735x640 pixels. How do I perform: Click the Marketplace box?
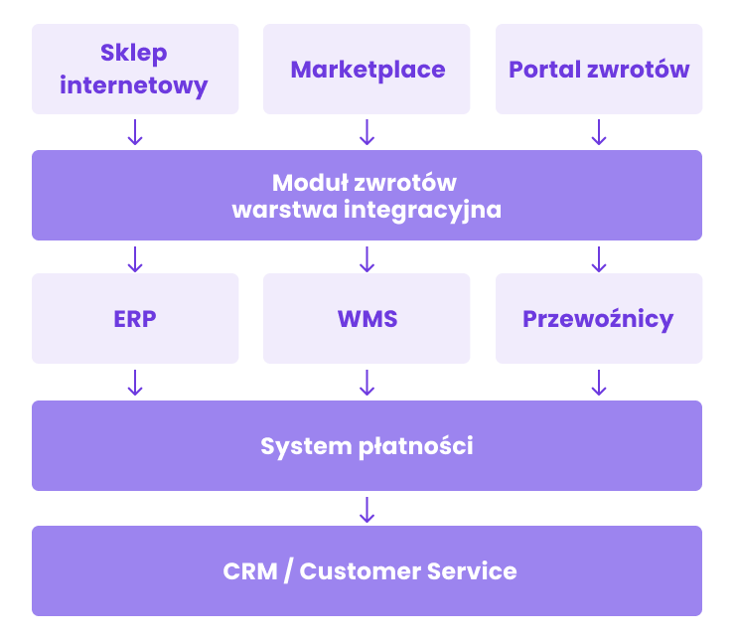click(367, 69)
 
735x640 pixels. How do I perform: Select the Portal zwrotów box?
click(599, 69)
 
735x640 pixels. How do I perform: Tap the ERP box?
click(135, 318)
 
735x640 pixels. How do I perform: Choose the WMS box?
click(367, 318)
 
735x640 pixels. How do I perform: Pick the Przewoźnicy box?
click(599, 318)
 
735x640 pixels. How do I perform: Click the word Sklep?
click(134, 53)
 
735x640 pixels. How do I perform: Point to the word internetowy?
click(134, 85)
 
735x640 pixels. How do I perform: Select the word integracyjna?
click(422, 210)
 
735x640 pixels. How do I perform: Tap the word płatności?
click(416, 446)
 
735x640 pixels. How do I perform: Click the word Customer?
click(360, 571)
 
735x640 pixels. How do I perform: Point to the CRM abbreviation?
click(250, 571)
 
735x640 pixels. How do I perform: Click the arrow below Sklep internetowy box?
click(135, 132)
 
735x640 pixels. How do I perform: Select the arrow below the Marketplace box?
click(367, 132)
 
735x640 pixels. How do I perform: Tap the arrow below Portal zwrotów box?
click(599, 132)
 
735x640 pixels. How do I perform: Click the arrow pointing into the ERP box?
click(135, 259)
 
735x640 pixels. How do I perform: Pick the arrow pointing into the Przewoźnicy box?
click(599, 259)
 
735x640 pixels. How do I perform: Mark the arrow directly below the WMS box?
click(367, 383)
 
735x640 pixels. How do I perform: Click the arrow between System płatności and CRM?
click(367, 510)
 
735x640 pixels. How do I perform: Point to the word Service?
click(472, 571)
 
